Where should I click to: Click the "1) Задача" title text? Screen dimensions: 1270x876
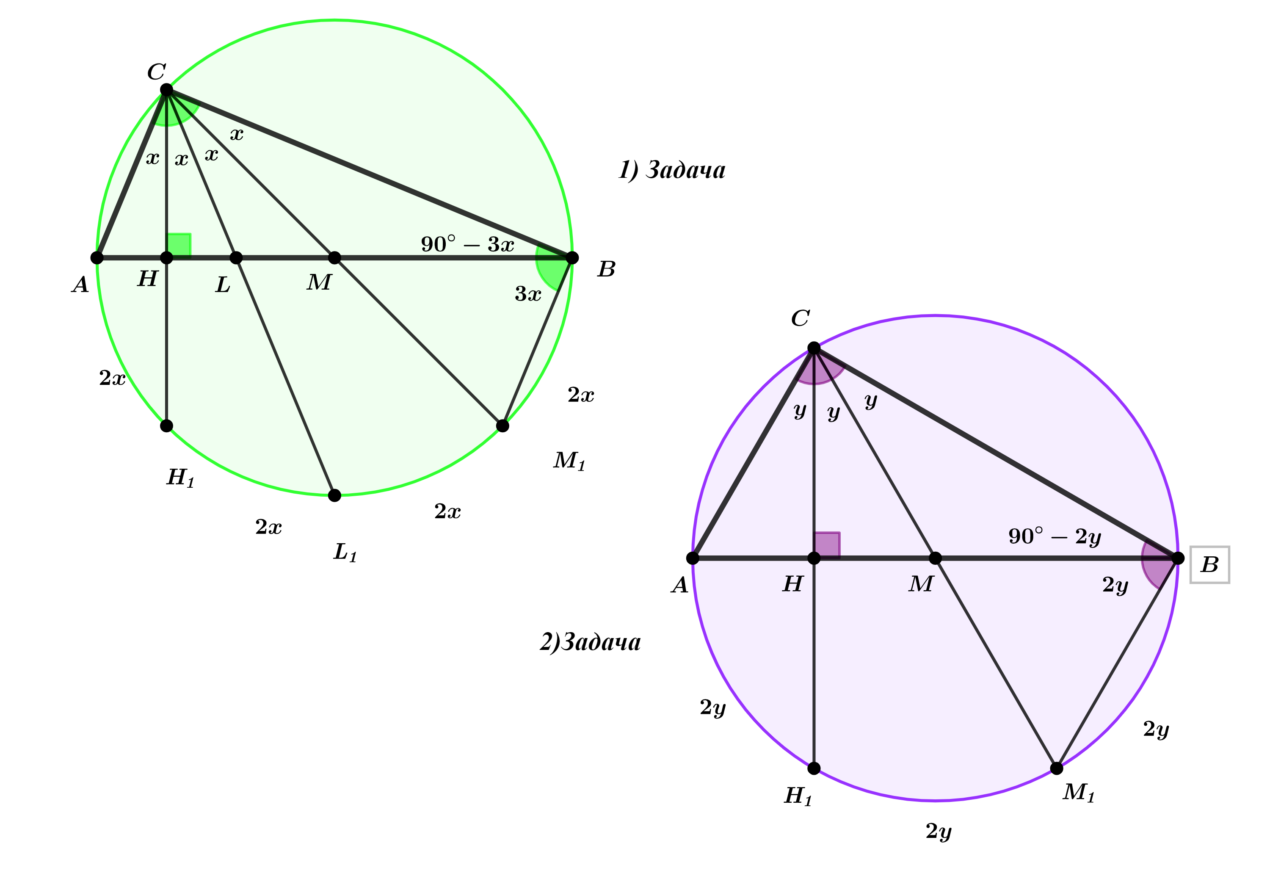[672, 170]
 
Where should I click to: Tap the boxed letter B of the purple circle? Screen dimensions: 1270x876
[1209, 565]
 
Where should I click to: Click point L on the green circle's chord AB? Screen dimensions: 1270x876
[236, 258]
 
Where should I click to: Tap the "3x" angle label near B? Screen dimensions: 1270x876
[528, 294]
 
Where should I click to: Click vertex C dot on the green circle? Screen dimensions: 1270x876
[166, 89]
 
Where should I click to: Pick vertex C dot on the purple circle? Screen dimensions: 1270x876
[814, 348]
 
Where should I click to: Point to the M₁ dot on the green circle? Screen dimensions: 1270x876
[502, 426]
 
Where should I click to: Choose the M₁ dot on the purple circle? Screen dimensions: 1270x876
[1057, 768]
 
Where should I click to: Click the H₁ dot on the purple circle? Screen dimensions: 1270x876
[814, 768]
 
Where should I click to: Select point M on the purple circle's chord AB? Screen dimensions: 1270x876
[935, 558]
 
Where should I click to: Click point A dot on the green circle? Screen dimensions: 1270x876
[97, 258]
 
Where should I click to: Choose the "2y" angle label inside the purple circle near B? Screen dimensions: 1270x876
[1115, 586]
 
